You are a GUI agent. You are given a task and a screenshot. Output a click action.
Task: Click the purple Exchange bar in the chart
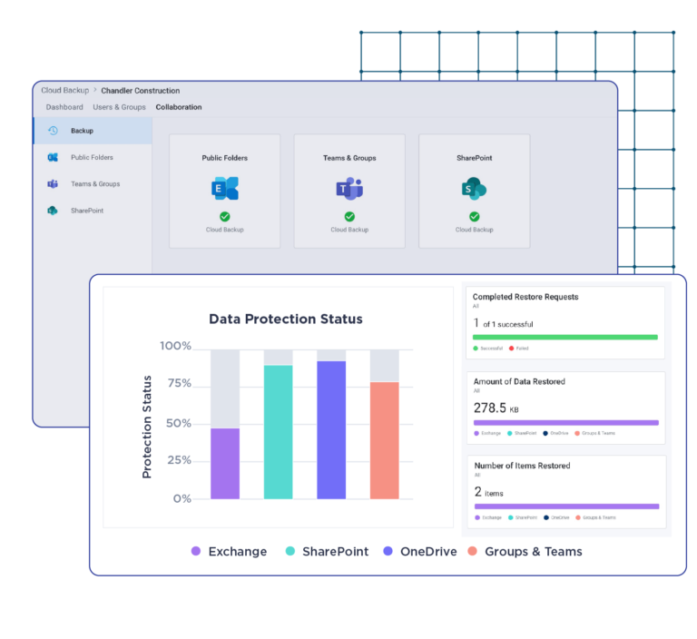(225, 463)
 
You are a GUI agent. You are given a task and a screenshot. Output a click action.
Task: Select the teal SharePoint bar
(279, 432)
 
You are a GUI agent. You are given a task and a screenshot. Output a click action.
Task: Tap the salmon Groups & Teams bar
(384, 440)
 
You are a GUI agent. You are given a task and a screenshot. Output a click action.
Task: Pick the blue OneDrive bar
(331, 429)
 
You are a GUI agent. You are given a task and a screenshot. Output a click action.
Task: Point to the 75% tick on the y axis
(176, 384)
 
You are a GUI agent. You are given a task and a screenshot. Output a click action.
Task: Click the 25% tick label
(176, 460)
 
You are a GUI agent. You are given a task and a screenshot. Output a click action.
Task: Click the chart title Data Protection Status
(286, 319)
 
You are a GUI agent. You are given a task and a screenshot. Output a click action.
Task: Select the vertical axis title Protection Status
(147, 427)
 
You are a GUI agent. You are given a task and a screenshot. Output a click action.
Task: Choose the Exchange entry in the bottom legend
(237, 551)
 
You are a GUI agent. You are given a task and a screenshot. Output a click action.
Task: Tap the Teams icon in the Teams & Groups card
(349, 189)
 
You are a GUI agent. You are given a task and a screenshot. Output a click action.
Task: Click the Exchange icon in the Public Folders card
(224, 189)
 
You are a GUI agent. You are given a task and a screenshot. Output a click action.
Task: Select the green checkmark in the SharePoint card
(474, 216)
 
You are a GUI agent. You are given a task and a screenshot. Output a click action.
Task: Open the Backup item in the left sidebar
(82, 131)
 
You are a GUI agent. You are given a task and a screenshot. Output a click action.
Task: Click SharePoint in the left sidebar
(87, 211)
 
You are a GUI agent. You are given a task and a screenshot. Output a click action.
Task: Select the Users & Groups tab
(119, 107)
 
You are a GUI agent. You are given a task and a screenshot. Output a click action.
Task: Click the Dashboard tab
(64, 107)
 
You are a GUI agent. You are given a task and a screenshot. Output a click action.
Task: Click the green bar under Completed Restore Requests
(564, 337)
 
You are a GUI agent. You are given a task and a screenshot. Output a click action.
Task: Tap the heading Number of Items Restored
(522, 466)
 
